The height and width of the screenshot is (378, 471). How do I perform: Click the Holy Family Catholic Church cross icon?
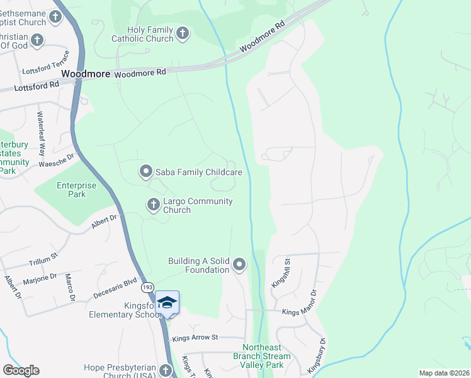[x=183, y=33]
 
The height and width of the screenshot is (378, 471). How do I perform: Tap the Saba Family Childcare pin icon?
[x=146, y=171]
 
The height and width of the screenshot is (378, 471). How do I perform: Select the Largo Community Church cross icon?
[x=153, y=205]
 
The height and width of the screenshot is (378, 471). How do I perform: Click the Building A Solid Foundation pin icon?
[x=239, y=265]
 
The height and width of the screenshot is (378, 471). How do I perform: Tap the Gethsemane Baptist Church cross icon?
[x=56, y=17]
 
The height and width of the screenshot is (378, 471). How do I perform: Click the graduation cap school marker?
[x=167, y=303]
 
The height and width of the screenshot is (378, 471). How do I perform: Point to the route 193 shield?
[x=147, y=287]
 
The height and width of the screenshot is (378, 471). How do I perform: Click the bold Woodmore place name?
[x=86, y=74]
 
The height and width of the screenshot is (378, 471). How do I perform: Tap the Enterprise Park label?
[x=77, y=190]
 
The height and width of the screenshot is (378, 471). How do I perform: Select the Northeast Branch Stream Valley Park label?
[x=267, y=356]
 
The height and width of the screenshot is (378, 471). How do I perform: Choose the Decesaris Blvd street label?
[x=115, y=287]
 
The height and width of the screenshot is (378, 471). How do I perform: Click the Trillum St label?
[x=43, y=258]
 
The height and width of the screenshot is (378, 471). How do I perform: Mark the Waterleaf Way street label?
[x=42, y=134]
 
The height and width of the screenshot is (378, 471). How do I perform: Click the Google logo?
[x=21, y=370]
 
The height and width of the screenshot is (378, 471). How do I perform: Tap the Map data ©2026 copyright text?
[x=444, y=373]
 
